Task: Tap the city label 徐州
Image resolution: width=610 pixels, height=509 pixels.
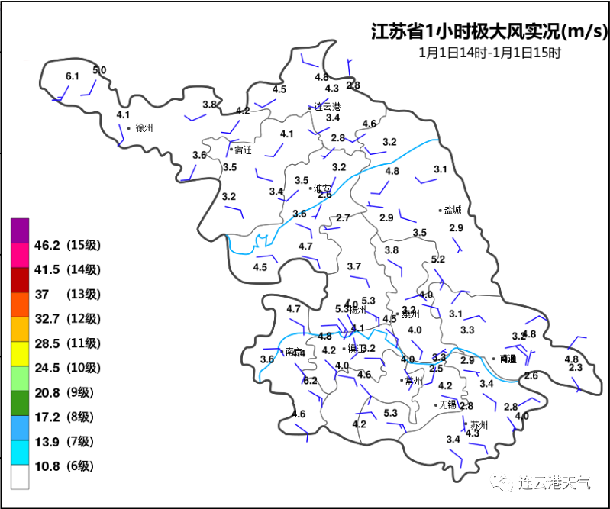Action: (x=144, y=128)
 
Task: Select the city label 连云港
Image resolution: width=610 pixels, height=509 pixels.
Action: (x=328, y=106)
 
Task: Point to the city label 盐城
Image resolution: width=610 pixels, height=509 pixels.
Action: (x=453, y=210)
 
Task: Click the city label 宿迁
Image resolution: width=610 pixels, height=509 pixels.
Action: (x=243, y=150)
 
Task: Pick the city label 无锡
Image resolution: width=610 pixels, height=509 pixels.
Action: (x=447, y=404)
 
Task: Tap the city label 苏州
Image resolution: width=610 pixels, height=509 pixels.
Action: (x=479, y=425)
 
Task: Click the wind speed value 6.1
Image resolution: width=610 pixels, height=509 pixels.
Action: (x=73, y=76)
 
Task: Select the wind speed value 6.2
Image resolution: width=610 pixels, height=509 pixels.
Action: (x=310, y=380)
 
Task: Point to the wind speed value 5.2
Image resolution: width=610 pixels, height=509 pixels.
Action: (x=438, y=259)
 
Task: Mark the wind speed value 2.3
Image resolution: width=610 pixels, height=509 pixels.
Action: (x=576, y=368)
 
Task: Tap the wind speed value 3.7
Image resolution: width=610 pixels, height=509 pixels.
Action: (x=353, y=266)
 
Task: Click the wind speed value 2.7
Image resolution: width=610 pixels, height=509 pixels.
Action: (x=343, y=218)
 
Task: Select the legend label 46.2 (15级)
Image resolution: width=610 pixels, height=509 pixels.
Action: (x=67, y=245)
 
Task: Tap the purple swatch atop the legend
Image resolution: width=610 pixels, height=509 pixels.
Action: (x=20, y=229)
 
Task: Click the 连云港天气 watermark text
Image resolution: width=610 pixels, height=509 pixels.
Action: (x=555, y=482)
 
